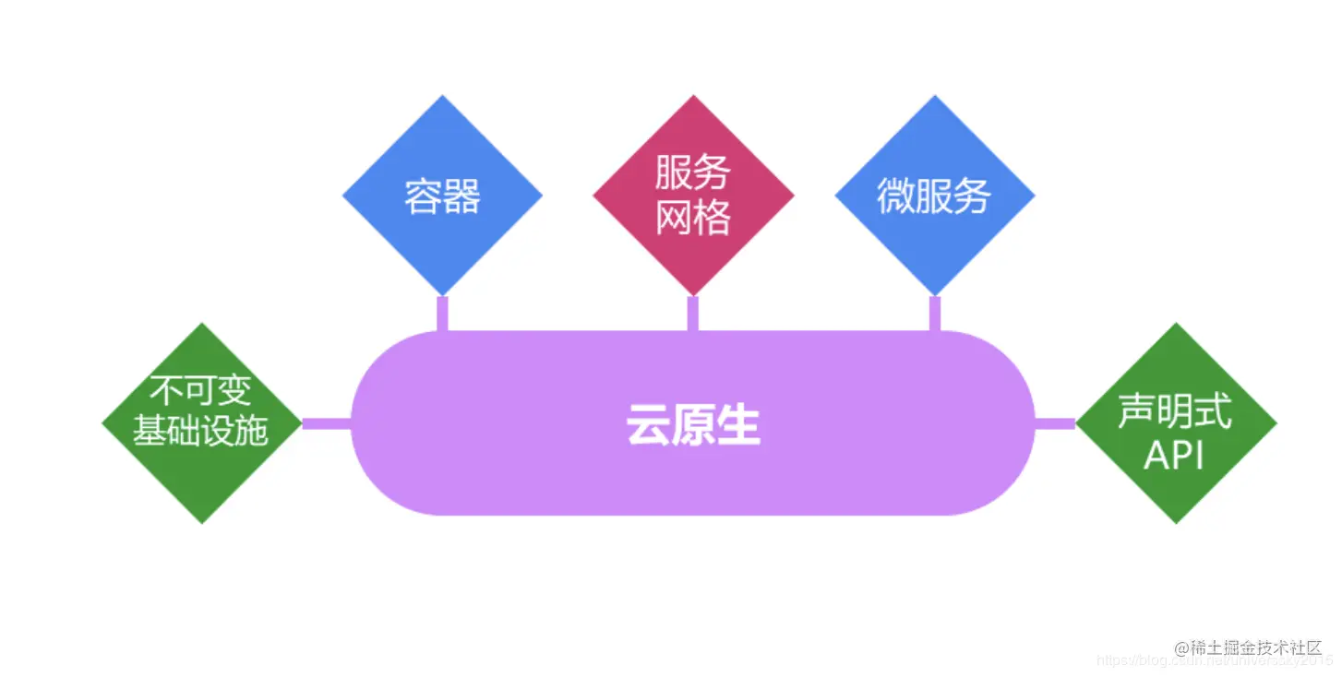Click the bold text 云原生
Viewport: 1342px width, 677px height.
pyautogui.click(x=693, y=427)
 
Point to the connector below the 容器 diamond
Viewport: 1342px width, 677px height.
pyautogui.click(x=442, y=314)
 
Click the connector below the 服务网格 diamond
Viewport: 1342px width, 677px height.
pyautogui.click(x=693, y=314)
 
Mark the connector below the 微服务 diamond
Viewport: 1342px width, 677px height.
pyautogui.click(x=934, y=314)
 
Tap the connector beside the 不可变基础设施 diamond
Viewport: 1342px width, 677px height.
pyautogui.click(x=327, y=423)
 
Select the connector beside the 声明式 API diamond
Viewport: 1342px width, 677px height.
pyautogui.click(x=1055, y=423)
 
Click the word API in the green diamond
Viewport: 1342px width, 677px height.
pyautogui.click(x=1174, y=454)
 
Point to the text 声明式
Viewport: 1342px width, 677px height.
pyautogui.click(x=1175, y=411)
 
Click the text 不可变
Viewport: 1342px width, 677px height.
pyautogui.click(x=201, y=391)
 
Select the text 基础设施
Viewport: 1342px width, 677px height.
pyautogui.click(x=200, y=430)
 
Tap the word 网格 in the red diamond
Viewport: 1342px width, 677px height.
pyautogui.click(x=693, y=218)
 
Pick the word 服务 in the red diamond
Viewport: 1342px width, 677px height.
pyautogui.click(x=693, y=172)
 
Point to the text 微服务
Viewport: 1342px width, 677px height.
pyautogui.click(x=933, y=196)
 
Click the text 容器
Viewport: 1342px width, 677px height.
pyautogui.click(x=442, y=196)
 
